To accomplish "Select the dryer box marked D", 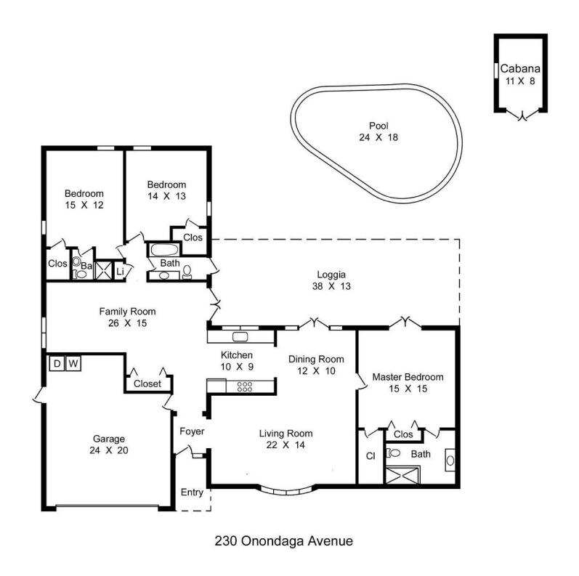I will coord(57,363).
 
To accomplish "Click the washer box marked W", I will coord(73,363).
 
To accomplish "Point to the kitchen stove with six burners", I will coord(244,386).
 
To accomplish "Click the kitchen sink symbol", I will coord(240,336).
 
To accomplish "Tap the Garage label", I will coord(108,439).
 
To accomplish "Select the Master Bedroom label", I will coord(408,378).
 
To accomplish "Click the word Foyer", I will coord(192,432).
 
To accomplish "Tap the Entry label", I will coord(192,492).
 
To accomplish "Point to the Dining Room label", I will coord(315,359).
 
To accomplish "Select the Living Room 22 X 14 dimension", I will coord(286,445).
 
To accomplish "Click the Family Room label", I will coord(127,312).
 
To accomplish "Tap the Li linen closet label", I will coord(121,272).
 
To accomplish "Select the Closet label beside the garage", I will coord(147,384).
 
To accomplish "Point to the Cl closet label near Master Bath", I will coord(370,457).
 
